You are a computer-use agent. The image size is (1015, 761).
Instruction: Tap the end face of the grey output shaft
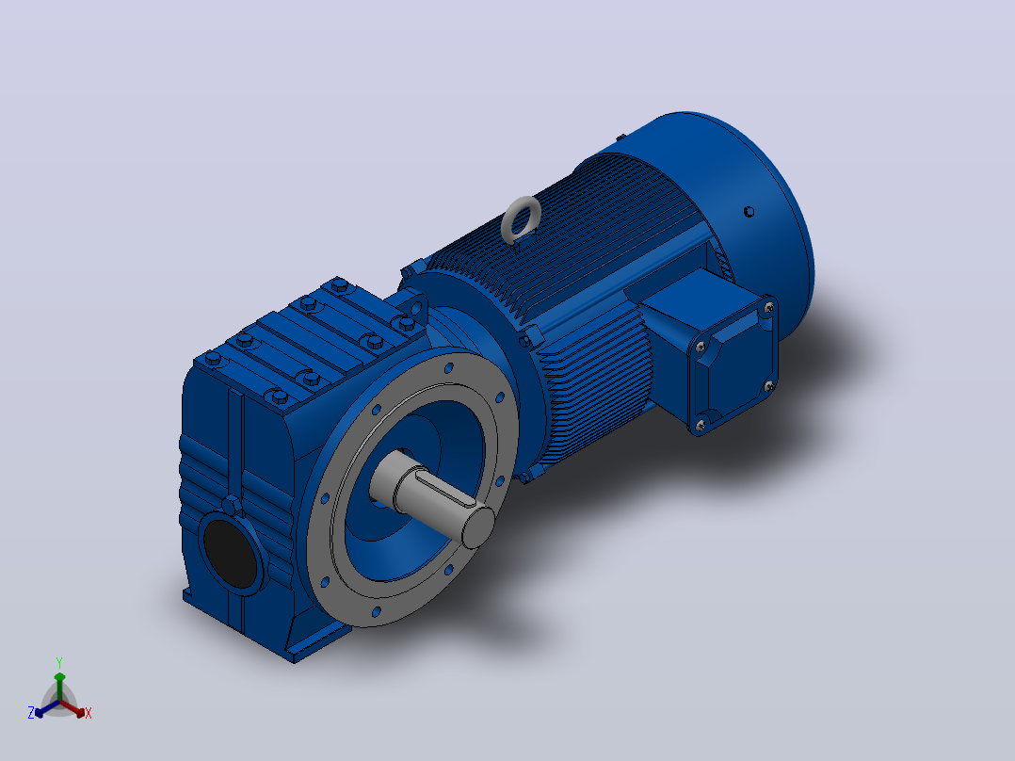coord(477,526)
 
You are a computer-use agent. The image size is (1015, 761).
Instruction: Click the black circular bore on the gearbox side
coord(229,553)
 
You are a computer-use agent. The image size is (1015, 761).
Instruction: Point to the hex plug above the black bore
coord(231,506)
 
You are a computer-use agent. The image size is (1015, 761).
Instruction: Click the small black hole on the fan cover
coord(749,212)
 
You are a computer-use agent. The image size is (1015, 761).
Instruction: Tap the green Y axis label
coord(59,662)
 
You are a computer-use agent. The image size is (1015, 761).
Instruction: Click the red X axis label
coord(89,713)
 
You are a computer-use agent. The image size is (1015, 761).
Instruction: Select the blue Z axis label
coord(31,712)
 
